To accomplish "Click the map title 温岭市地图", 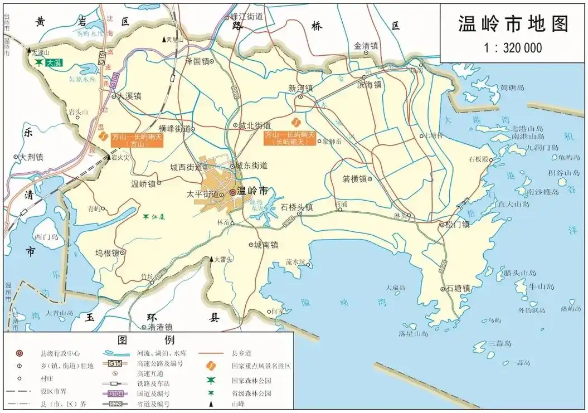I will point(513,25).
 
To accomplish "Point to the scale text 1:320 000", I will point(513,48).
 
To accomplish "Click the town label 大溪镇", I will point(129,96).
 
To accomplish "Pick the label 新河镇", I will point(300,88).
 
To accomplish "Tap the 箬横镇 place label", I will point(354,179).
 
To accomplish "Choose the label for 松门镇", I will point(458,225).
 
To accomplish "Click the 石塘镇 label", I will point(458,289).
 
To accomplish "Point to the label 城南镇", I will point(266,244).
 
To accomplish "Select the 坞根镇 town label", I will point(107,252).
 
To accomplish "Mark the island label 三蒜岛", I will point(499,343).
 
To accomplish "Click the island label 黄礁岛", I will point(512,88).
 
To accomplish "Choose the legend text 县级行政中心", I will point(60,353).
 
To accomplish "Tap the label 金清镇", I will point(366,46).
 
